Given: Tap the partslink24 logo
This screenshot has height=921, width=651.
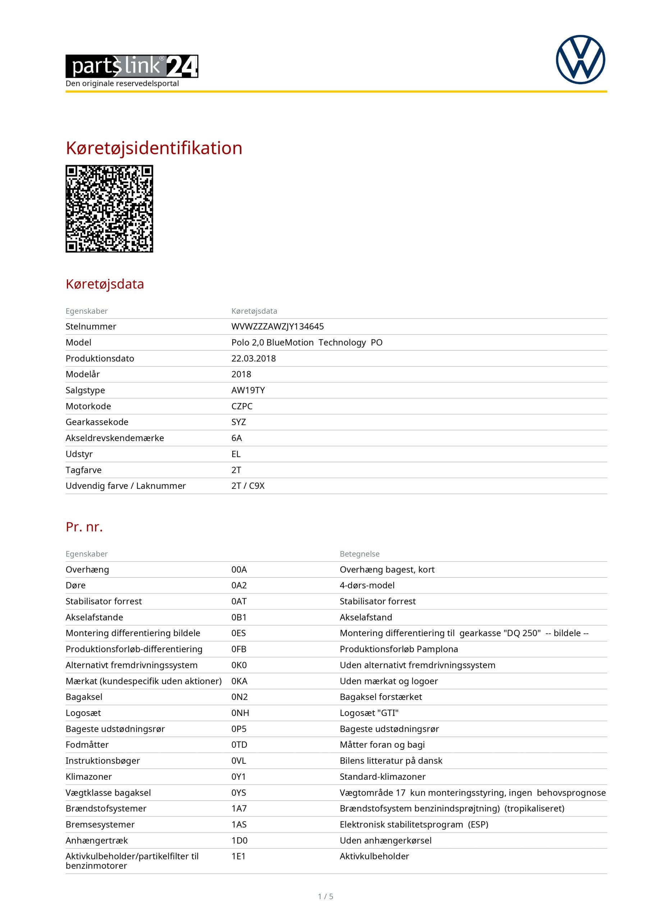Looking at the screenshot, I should point(132,66).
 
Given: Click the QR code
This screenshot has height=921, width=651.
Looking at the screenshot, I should point(109,209).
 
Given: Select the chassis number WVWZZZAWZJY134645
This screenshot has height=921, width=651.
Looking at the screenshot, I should point(278,327).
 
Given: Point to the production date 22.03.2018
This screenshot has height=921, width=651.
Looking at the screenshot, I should point(253,358).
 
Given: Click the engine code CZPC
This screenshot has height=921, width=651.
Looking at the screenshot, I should point(242,406).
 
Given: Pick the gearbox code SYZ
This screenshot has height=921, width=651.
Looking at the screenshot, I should point(239,422).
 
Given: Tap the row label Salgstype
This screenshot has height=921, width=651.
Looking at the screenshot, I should point(85,390).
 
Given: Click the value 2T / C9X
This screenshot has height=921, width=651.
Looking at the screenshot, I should point(248,486).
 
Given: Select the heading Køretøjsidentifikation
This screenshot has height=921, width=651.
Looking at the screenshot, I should point(154,148).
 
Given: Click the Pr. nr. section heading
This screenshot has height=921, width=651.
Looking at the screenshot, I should point(84,527).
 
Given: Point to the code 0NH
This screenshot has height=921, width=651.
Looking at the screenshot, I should point(240,713).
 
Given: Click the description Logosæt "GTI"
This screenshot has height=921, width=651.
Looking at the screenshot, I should point(369,713).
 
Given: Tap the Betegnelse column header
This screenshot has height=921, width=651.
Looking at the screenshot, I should point(359,554).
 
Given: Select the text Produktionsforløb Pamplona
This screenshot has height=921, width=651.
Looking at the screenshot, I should point(398,649).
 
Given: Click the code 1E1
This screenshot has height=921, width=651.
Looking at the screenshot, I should point(239,856).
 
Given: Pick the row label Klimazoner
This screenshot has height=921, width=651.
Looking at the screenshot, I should point(88,777).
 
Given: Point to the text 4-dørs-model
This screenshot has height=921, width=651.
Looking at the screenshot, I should point(367,585).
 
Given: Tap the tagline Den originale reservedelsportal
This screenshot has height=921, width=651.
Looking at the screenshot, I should point(122,83).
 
